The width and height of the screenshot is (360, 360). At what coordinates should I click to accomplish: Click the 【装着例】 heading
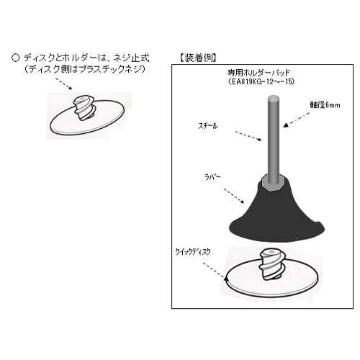[x=197, y=56]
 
